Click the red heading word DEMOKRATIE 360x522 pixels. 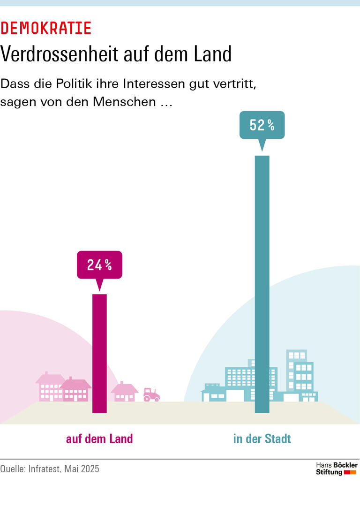click(46, 29)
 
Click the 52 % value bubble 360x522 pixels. click(262, 125)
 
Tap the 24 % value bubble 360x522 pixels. click(99, 265)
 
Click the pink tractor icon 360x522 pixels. click(151, 394)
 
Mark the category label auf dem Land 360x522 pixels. click(99, 439)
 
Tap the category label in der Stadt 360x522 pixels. click(262, 439)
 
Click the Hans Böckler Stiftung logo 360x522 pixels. click(336, 469)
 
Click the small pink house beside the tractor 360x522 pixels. click(125, 392)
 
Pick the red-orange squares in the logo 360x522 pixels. click(350, 472)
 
